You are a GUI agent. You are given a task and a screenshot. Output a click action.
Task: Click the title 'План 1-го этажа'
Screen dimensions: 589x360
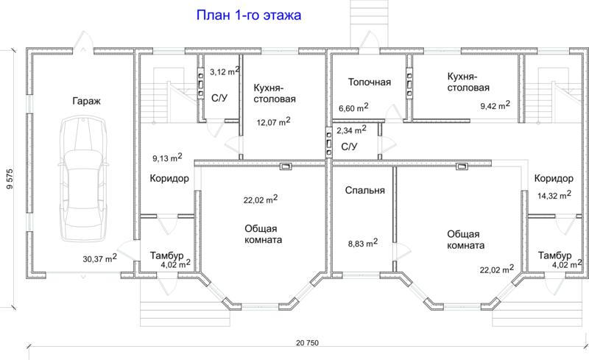249,15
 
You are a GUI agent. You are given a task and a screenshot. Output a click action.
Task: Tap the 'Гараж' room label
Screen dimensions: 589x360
86,101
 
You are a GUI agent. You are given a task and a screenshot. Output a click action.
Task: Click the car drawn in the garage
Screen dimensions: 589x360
83,179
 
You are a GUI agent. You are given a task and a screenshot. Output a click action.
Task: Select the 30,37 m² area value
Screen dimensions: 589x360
99,258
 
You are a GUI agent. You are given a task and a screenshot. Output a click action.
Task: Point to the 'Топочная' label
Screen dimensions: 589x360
370,82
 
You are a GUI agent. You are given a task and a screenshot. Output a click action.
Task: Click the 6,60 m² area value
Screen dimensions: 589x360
353,107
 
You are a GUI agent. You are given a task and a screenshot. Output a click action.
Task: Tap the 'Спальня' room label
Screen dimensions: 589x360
364,191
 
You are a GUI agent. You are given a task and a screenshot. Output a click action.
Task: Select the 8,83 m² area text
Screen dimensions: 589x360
363,243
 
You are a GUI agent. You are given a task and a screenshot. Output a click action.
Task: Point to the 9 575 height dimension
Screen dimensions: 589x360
10,178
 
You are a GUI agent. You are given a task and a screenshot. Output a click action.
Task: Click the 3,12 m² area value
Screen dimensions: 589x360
225,71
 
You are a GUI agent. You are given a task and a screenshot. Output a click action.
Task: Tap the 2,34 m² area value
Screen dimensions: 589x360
351,130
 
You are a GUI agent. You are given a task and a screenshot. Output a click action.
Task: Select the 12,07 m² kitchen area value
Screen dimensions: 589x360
273,121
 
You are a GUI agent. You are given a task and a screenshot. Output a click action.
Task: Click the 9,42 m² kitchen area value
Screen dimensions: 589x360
495,105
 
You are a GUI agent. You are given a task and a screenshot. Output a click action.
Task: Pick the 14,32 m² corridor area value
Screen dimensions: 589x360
554,195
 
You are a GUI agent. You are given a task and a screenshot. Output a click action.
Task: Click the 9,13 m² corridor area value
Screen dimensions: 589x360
167,158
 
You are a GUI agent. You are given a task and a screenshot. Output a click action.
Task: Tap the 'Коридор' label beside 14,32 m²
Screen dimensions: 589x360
554,178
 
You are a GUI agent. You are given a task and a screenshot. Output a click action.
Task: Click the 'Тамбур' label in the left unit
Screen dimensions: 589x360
167,255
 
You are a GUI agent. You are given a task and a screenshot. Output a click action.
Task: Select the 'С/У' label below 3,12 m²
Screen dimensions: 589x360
219,99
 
